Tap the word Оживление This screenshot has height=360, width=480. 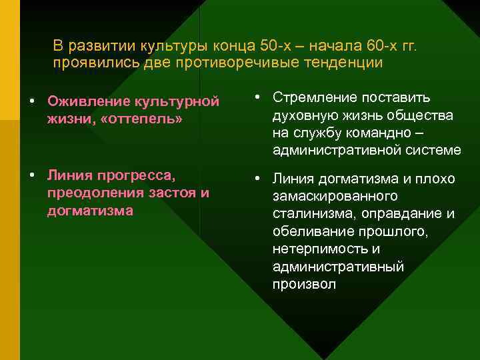pos(89,101)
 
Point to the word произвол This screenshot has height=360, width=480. pos(304,284)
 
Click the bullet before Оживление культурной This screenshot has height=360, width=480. pos(31,102)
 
